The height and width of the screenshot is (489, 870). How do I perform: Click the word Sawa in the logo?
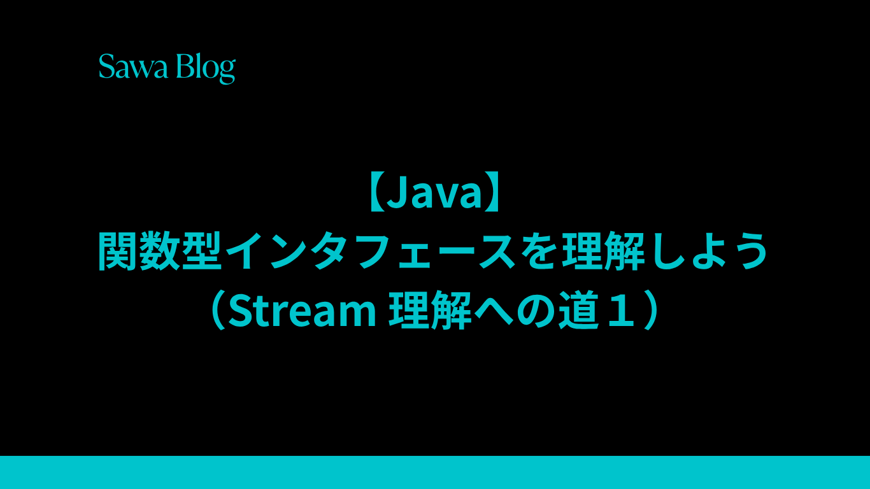pos(133,66)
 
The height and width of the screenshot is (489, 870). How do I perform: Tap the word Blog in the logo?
pos(206,68)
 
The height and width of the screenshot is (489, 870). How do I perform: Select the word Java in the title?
pos(434,192)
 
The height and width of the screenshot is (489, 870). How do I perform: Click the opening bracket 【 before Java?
pos(374,193)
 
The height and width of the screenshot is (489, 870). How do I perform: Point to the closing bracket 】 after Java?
pos(494,193)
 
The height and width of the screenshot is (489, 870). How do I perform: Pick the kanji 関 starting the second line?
pos(117,250)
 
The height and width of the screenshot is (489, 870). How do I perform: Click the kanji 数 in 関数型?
pos(160,250)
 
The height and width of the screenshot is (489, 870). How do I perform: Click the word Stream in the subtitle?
pos(302,311)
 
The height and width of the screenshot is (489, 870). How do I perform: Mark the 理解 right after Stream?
pos(430,311)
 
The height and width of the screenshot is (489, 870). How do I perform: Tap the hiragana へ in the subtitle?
pos(493,311)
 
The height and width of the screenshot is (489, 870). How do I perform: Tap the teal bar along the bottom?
pos(435,472)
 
